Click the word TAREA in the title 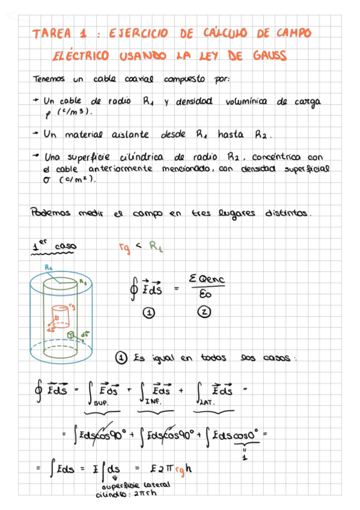(x=52, y=34)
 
